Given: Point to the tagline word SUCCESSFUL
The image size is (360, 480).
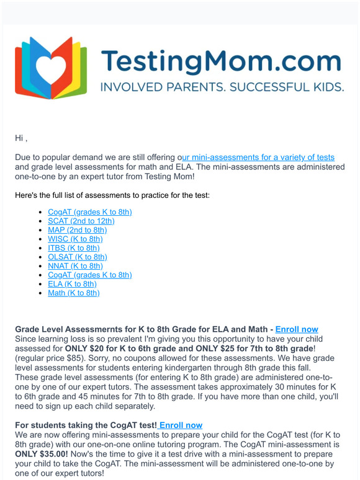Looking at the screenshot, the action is click(269, 87).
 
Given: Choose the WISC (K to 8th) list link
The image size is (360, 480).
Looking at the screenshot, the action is click(75, 239).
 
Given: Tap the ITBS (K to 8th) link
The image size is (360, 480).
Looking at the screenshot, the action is click(73, 248).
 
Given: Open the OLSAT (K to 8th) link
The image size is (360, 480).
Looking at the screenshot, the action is click(77, 257).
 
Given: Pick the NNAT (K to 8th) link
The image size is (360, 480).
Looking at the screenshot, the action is click(75, 266).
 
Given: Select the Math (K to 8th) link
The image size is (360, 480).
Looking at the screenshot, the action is click(73, 293).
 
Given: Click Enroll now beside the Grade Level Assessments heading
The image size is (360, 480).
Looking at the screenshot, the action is click(297, 329).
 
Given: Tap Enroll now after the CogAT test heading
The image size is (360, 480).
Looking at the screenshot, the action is click(180, 425).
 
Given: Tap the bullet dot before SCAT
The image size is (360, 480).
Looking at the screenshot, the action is click(40, 221).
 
